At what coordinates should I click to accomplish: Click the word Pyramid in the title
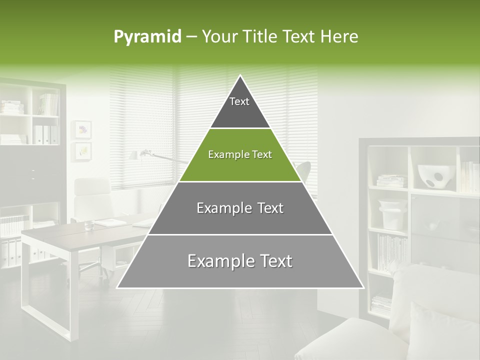[147, 37]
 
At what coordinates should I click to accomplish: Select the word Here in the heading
[340, 36]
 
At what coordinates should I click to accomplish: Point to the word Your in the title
[219, 36]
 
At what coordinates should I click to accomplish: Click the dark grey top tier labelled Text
[239, 107]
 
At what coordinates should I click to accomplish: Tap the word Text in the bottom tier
[273, 260]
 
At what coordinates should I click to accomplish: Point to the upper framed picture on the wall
[82, 129]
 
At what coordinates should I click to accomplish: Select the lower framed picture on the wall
[82, 150]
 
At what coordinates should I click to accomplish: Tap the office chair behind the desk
[92, 200]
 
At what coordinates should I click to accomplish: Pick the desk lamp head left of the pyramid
[135, 155]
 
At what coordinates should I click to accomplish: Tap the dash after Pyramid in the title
[191, 37]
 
